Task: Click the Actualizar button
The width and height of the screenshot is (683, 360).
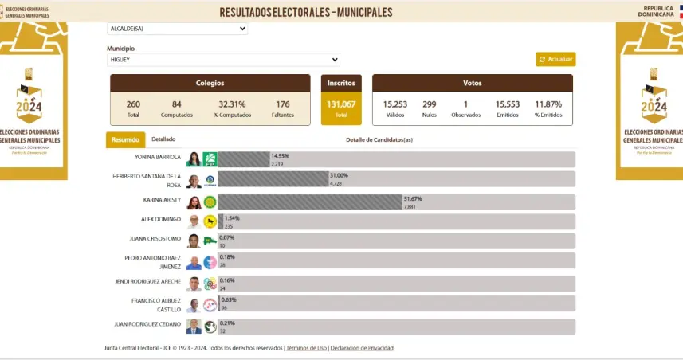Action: [x=555, y=59]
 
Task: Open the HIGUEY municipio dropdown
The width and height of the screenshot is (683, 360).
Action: [x=223, y=60]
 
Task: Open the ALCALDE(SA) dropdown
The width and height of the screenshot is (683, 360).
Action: [x=177, y=29]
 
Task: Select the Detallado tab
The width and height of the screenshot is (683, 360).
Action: [x=163, y=139]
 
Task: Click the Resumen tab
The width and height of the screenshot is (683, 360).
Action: [x=125, y=139]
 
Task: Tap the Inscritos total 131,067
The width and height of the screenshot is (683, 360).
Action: [x=341, y=104]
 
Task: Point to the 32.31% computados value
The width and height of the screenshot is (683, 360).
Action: [x=232, y=104]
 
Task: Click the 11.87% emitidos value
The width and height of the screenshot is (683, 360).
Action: [x=548, y=104]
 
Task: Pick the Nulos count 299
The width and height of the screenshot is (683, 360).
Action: [x=430, y=104]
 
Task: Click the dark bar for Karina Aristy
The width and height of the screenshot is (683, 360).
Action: [x=311, y=202]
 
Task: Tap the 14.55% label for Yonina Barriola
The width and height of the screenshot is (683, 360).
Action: [x=280, y=156]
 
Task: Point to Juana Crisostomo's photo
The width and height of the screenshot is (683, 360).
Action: [x=194, y=241]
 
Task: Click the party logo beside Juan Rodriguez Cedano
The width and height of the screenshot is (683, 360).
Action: [x=210, y=327]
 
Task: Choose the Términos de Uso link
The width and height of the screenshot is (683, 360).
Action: [x=306, y=348]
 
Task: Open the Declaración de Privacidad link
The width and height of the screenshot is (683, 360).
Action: [x=361, y=348]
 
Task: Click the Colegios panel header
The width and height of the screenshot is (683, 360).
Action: [x=210, y=83]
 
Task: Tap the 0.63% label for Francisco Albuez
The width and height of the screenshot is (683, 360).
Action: [x=231, y=300]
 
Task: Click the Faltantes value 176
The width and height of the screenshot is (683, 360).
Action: [x=282, y=104]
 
